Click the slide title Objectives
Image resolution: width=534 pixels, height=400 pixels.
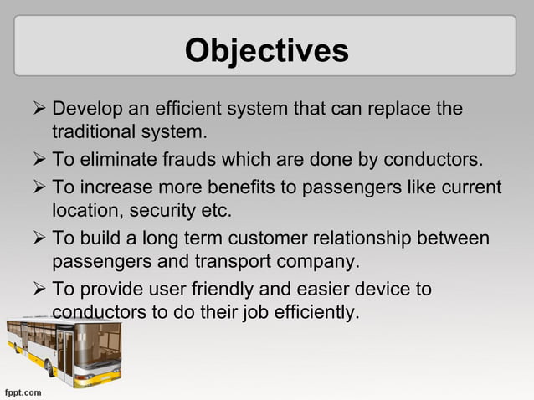click(266, 50)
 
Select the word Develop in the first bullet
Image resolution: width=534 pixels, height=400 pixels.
click(85, 110)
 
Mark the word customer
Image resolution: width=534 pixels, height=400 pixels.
click(263, 239)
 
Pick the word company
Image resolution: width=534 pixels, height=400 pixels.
click(317, 261)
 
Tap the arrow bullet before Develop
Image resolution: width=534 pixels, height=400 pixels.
click(37, 110)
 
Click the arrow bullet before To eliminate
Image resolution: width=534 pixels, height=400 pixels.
click(37, 160)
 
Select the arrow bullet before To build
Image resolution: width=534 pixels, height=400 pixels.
click(37, 239)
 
